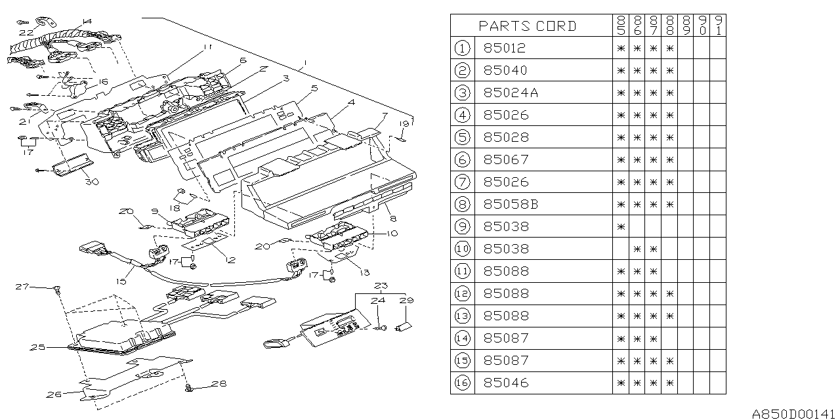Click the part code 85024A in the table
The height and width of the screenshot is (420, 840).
coord(511,93)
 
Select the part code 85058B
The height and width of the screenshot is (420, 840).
coord(511,204)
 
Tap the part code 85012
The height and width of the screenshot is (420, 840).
coord(505,48)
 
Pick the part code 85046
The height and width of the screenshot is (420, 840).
coord(505,383)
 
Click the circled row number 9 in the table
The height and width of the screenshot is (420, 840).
coord(462,226)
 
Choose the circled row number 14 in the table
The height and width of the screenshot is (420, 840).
coord(462,338)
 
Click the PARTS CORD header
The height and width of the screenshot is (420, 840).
coord(528,26)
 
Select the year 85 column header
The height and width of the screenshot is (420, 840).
coord(620,26)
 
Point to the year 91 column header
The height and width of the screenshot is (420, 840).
coord(719,26)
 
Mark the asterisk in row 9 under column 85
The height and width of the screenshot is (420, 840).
coord(620,226)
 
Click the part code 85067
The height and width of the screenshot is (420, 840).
coord(505,159)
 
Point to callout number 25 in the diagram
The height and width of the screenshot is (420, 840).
coord(38,347)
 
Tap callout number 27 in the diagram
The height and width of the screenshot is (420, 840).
coord(23,287)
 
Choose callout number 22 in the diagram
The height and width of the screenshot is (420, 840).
coord(25,31)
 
